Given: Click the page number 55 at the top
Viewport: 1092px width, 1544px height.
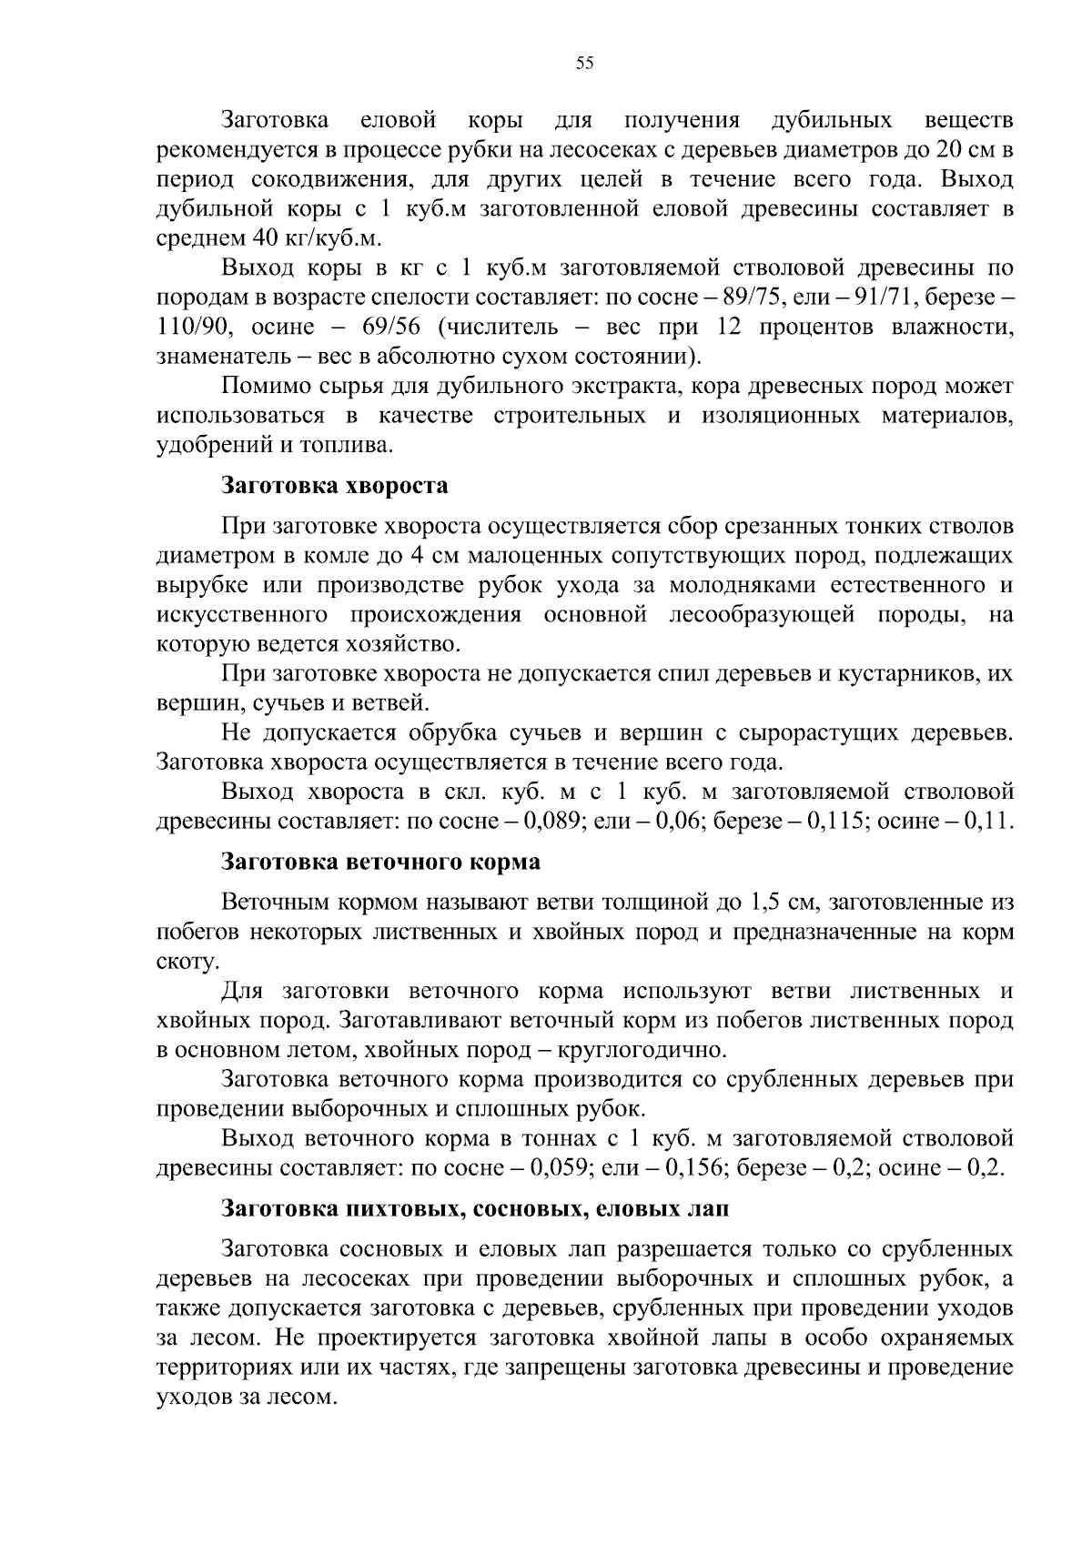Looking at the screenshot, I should (x=584, y=63).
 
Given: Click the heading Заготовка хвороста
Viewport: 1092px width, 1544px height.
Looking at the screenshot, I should (x=335, y=485).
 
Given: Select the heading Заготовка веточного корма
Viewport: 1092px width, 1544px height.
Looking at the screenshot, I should (x=381, y=861).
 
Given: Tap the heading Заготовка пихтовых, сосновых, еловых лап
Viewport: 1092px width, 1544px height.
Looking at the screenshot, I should (x=475, y=1209).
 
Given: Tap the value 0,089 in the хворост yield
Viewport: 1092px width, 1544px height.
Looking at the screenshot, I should (x=553, y=820).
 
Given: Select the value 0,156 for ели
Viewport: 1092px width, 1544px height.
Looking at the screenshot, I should (x=688, y=1167).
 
